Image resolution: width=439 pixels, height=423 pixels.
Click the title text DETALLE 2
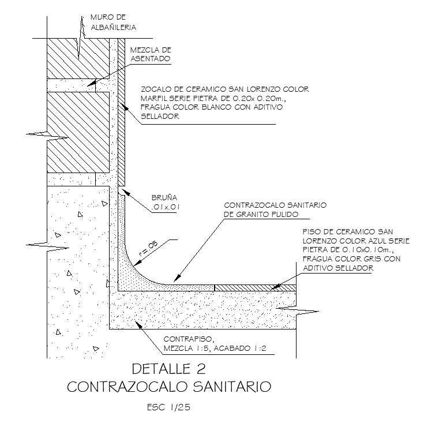pos(168,368)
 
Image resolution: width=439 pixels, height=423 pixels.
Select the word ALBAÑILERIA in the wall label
pos(114,27)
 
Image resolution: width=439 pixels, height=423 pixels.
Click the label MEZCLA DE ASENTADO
pos(151,54)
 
